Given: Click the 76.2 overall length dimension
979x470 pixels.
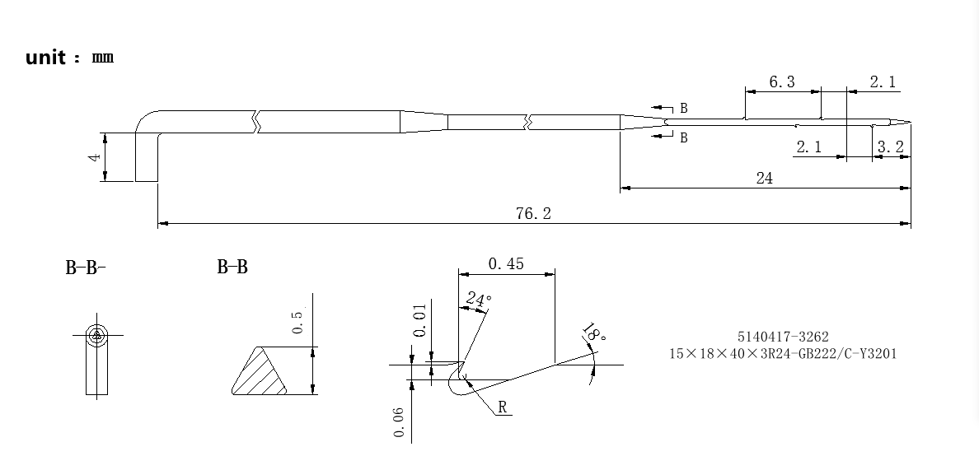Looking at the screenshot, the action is coord(533,214).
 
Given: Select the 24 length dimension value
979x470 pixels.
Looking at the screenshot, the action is coord(764,179).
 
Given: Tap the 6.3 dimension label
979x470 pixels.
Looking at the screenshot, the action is coord(782,82).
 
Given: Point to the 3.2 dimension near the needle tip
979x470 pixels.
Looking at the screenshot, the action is coord(890,147).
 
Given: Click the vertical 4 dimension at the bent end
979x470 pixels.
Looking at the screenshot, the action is coord(95,157).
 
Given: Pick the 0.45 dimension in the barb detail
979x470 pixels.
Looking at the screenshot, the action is coord(506,264).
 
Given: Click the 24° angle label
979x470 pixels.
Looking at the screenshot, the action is coord(479,300).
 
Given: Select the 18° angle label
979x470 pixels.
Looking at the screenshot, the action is coord(594,333).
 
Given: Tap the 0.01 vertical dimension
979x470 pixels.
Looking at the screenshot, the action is coord(420,320).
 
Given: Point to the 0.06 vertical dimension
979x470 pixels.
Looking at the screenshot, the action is coord(399,422).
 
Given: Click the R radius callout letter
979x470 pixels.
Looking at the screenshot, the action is coord(503,407).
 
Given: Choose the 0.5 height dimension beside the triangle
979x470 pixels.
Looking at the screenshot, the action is coord(297,319).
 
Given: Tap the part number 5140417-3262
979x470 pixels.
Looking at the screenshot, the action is coord(783,337).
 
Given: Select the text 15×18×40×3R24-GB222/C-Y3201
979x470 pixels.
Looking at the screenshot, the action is coord(783,354).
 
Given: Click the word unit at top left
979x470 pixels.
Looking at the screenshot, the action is coord(45,58).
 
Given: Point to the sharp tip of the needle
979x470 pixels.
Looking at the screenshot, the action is coord(911,122).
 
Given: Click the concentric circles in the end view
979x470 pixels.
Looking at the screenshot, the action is coord(96,335).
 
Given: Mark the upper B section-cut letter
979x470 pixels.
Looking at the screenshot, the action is coord(684,109).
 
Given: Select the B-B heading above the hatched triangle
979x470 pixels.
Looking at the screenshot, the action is coord(232,268).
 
